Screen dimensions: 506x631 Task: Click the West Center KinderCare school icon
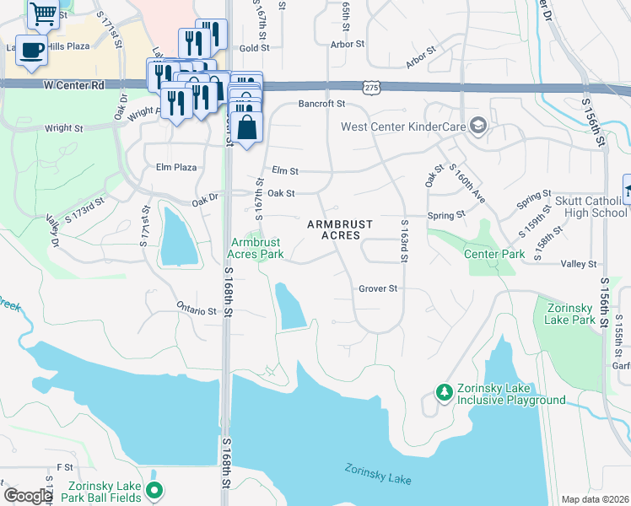(478, 126)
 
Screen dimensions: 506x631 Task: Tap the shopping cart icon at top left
(42, 13)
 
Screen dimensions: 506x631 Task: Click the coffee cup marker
(31, 50)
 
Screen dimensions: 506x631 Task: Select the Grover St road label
(377, 288)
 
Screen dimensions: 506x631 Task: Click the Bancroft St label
(322, 104)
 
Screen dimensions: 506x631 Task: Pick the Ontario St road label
(197, 310)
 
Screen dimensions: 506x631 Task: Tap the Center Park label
(494, 253)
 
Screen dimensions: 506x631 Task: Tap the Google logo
(28, 496)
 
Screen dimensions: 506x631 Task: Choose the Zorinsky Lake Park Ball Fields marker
(154, 489)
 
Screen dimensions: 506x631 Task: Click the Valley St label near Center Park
(579, 264)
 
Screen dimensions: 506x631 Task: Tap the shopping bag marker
(246, 128)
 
